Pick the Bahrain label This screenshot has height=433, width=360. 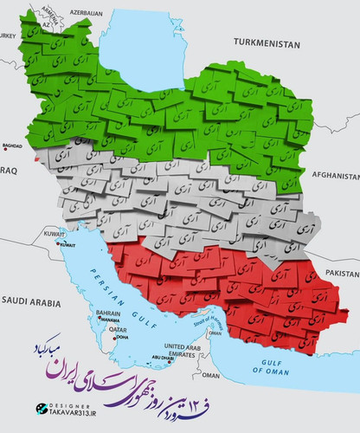pyautogui.click(x=107, y=312)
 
